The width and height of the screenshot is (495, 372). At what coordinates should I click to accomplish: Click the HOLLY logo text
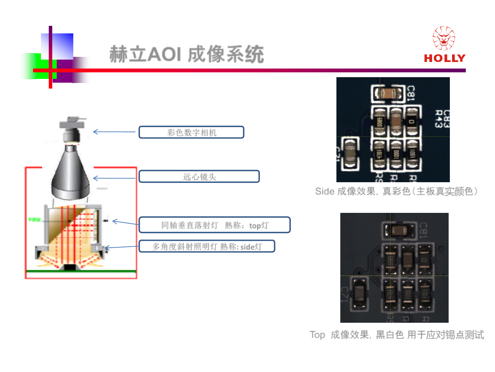444,58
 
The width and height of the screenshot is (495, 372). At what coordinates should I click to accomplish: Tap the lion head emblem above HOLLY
444,38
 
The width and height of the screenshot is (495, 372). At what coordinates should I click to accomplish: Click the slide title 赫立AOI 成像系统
187,54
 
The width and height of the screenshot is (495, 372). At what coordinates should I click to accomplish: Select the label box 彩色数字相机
191,132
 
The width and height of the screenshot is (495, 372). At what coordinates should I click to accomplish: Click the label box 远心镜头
199,177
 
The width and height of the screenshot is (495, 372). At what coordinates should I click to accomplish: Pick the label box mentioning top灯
214,225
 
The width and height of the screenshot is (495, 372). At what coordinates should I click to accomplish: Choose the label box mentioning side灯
207,246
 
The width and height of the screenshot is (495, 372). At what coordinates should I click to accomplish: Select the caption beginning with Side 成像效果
396,192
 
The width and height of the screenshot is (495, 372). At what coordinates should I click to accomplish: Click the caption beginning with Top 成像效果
397,334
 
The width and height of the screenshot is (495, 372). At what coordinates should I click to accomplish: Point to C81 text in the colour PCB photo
411,93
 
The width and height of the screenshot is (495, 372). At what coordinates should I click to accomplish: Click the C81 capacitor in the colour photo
388,93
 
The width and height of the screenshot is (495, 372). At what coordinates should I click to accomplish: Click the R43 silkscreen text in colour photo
438,119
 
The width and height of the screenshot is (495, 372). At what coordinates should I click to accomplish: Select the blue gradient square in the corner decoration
57,46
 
